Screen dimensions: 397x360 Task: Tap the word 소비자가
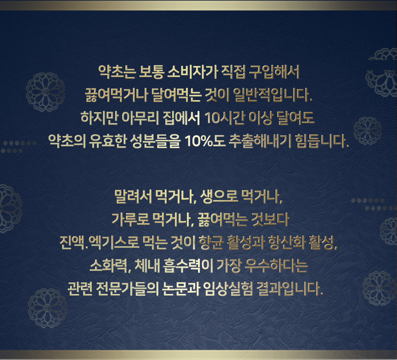(x=192, y=72)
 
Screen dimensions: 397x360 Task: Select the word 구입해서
(x=274, y=72)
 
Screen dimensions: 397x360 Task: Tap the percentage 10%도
(x=205, y=141)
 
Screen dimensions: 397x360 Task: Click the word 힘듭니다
(x=322, y=141)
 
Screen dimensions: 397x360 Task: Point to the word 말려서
(x=133, y=197)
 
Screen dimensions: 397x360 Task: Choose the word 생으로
(x=219, y=197)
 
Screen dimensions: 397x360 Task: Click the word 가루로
(x=130, y=220)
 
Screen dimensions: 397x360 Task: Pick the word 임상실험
(x=228, y=288)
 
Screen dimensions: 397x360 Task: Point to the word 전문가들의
(x=127, y=288)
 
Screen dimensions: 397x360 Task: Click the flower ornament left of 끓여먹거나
(x=46, y=92)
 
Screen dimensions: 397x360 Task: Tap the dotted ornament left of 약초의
(x=19, y=147)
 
